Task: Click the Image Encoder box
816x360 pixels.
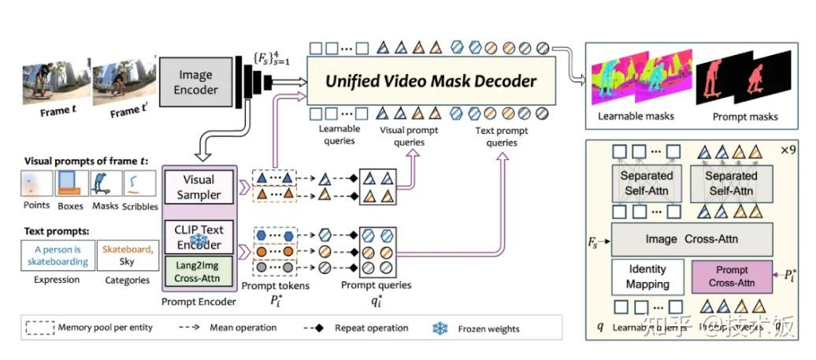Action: tap(195, 83)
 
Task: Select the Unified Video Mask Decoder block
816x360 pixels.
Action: tap(432, 81)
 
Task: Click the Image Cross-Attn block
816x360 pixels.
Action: tap(692, 238)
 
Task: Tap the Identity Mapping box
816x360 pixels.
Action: tap(647, 276)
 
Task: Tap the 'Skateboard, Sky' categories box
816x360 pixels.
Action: tap(126, 256)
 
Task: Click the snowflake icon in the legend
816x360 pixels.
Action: tap(440, 328)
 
